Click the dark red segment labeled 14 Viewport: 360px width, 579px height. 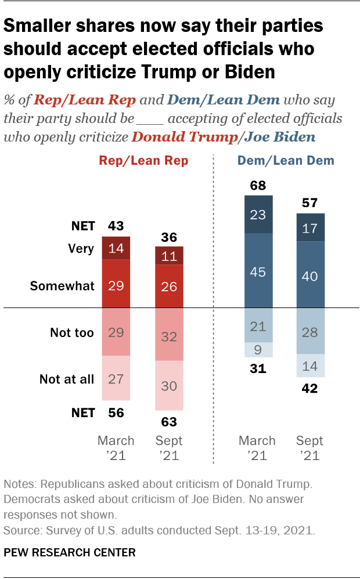(116, 248)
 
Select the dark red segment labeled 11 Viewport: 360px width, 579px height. (169, 256)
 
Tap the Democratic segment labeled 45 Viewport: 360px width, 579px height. (258, 270)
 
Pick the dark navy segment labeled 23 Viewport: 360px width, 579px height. (258, 214)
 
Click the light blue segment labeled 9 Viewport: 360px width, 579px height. (258, 350)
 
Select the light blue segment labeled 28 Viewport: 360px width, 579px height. (311, 331)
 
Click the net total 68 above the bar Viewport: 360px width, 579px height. (258, 185)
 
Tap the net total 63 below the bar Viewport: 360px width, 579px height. (169, 422)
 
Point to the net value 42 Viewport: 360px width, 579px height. (311, 389)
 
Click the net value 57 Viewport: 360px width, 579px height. (311, 204)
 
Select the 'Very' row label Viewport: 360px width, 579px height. (81, 248)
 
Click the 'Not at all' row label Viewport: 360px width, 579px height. (67, 379)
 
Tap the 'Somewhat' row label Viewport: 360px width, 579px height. (70, 286)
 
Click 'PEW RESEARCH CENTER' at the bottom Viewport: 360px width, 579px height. (70, 552)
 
